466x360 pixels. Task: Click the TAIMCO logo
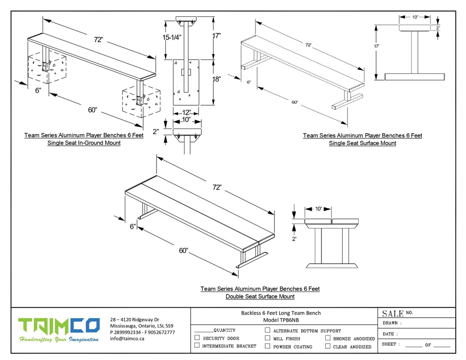(x=59, y=325)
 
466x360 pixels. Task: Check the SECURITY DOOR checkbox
(x=197, y=338)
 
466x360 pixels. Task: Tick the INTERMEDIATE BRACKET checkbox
(x=197, y=346)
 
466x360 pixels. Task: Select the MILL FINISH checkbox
(x=267, y=338)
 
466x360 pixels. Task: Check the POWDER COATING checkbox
(x=267, y=346)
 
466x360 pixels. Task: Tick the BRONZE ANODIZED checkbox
(x=328, y=338)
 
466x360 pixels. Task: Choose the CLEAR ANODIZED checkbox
(x=328, y=346)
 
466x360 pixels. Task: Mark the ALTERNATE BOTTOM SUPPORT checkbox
(x=267, y=330)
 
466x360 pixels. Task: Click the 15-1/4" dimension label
(x=172, y=37)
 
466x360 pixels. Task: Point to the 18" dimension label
(x=217, y=79)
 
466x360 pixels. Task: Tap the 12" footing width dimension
(x=186, y=113)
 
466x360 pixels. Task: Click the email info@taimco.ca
(x=127, y=339)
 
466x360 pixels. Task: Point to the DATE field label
(x=390, y=333)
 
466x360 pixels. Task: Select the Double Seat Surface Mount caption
(x=260, y=296)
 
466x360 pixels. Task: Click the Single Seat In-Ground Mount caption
(x=84, y=143)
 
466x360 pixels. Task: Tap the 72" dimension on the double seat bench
(x=217, y=187)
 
